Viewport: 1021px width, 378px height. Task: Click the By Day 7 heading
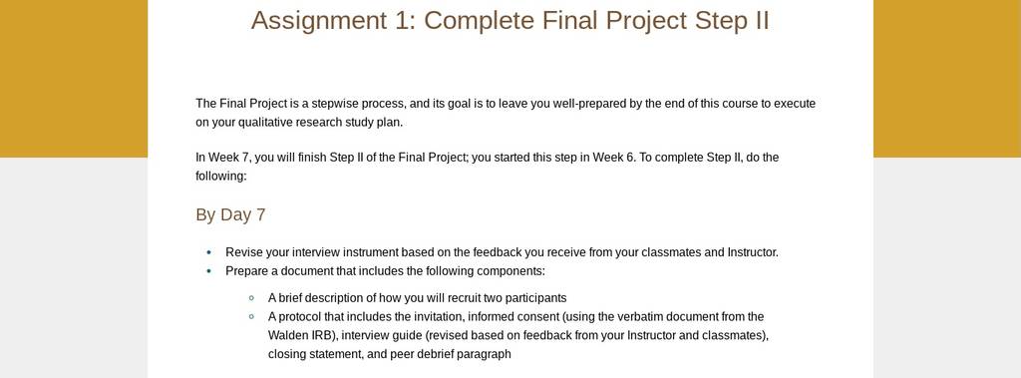point(230,215)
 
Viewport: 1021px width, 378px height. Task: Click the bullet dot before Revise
point(209,252)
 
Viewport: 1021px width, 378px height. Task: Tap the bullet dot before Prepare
point(209,271)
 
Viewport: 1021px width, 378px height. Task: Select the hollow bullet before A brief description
point(251,298)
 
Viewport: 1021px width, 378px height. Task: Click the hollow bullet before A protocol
point(251,317)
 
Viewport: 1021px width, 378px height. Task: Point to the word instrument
point(370,252)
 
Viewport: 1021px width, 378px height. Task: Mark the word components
point(510,271)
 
